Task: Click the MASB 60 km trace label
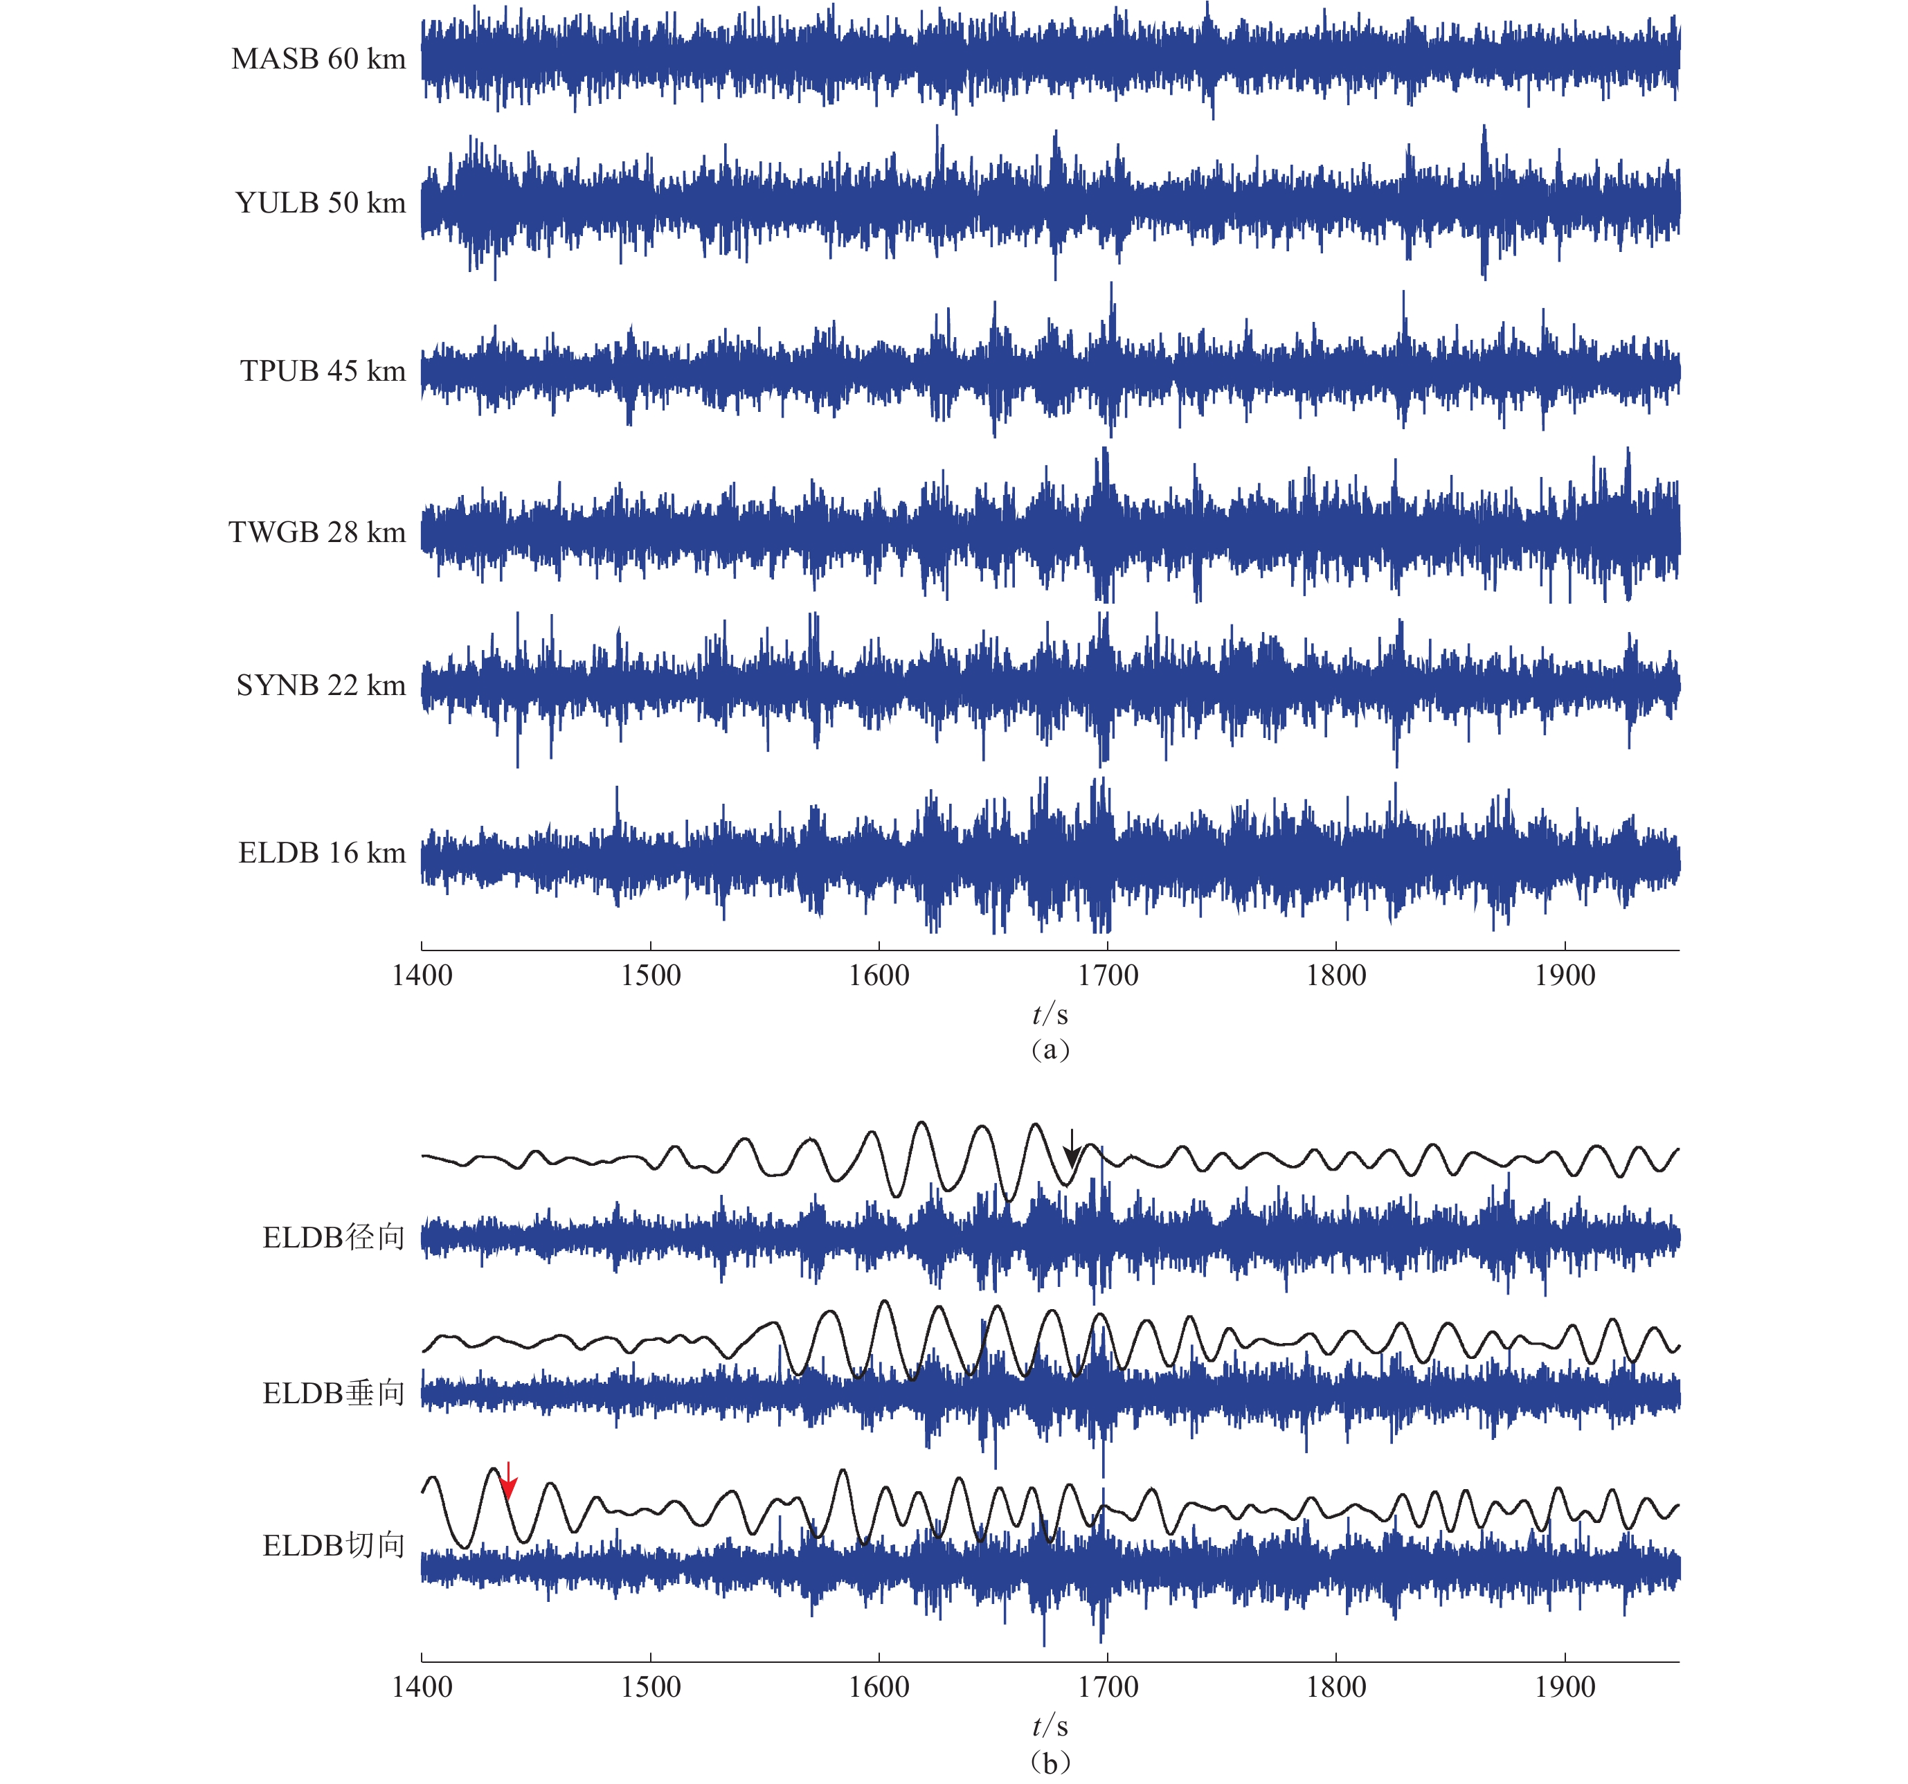318,60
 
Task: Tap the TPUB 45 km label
323,371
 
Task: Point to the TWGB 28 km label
316,532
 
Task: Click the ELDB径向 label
333,1238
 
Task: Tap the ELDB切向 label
333,1546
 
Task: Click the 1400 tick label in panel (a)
422,976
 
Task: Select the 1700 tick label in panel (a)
1108,976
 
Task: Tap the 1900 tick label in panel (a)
1565,976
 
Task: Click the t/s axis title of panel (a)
1050,1014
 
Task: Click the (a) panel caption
1050,1049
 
